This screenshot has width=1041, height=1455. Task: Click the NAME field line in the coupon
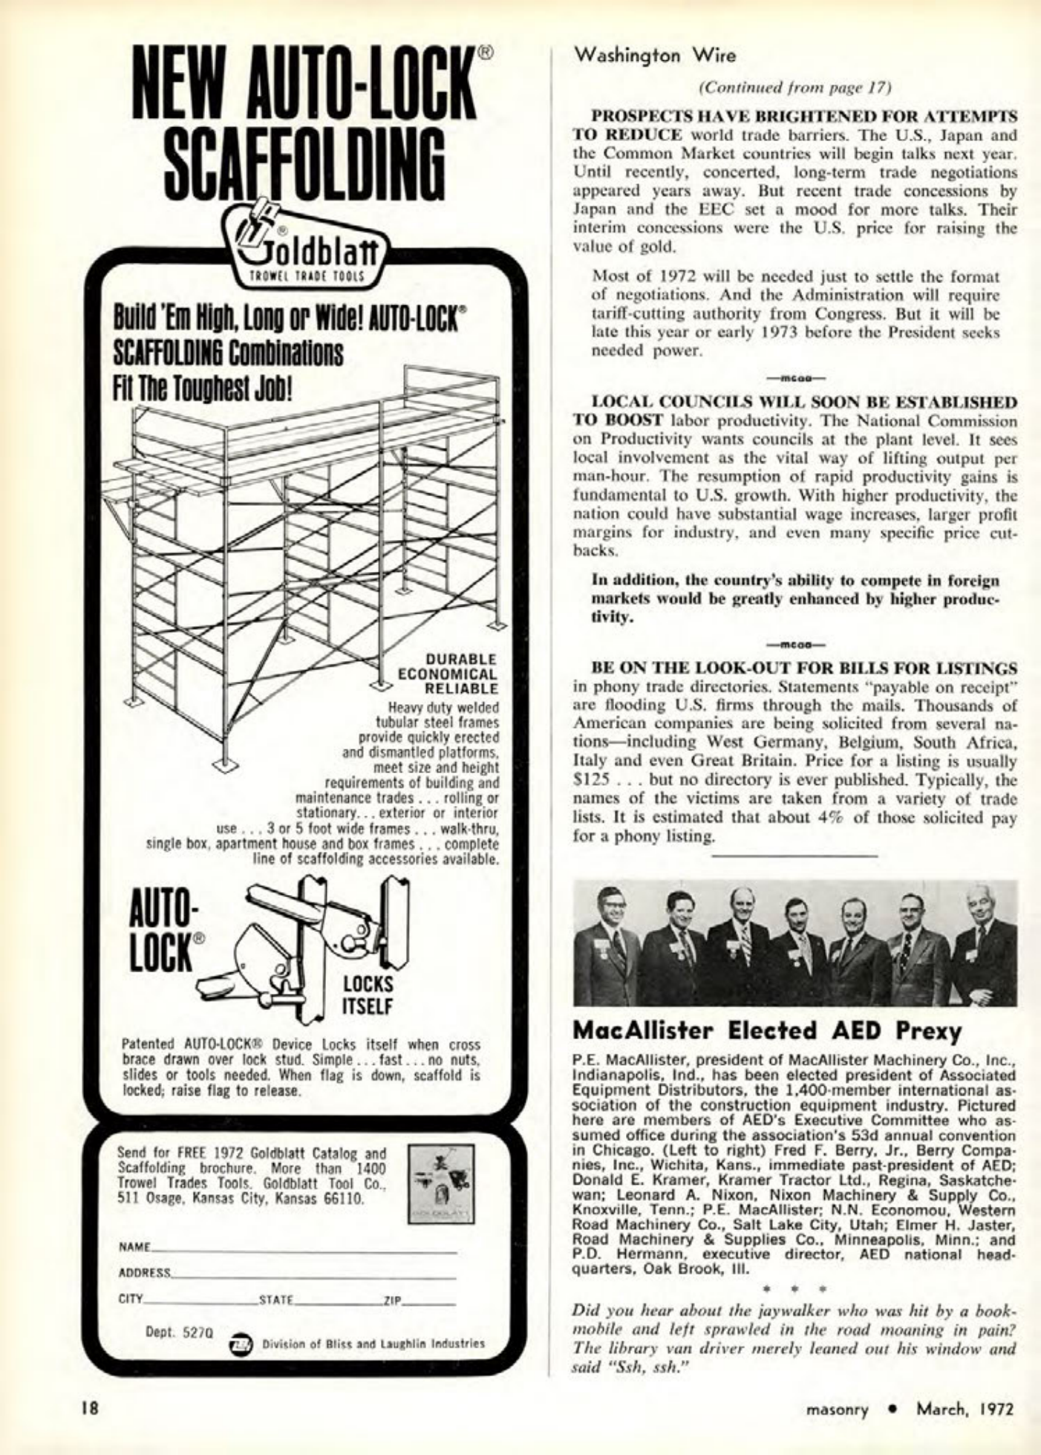[304, 1250]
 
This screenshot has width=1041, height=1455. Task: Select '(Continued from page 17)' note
[794, 86]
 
